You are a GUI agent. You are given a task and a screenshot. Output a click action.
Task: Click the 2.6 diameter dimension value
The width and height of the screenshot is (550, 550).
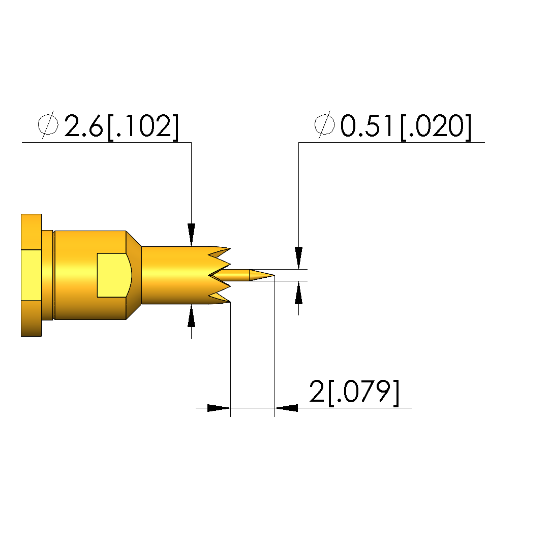(x=83, y=126)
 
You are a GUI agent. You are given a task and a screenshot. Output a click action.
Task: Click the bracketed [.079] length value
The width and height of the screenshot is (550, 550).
(x=364, y=393)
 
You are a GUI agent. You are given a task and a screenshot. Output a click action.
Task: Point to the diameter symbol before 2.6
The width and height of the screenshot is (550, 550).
(x=48, y=125)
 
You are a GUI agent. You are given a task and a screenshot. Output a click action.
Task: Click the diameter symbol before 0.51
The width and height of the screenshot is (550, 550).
(x=325, y=125)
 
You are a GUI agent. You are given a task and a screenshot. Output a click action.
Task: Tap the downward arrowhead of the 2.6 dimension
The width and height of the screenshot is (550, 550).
(x=191, y=235)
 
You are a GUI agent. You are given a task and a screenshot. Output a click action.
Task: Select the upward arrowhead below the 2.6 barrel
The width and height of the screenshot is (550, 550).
(x=191, y=316)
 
